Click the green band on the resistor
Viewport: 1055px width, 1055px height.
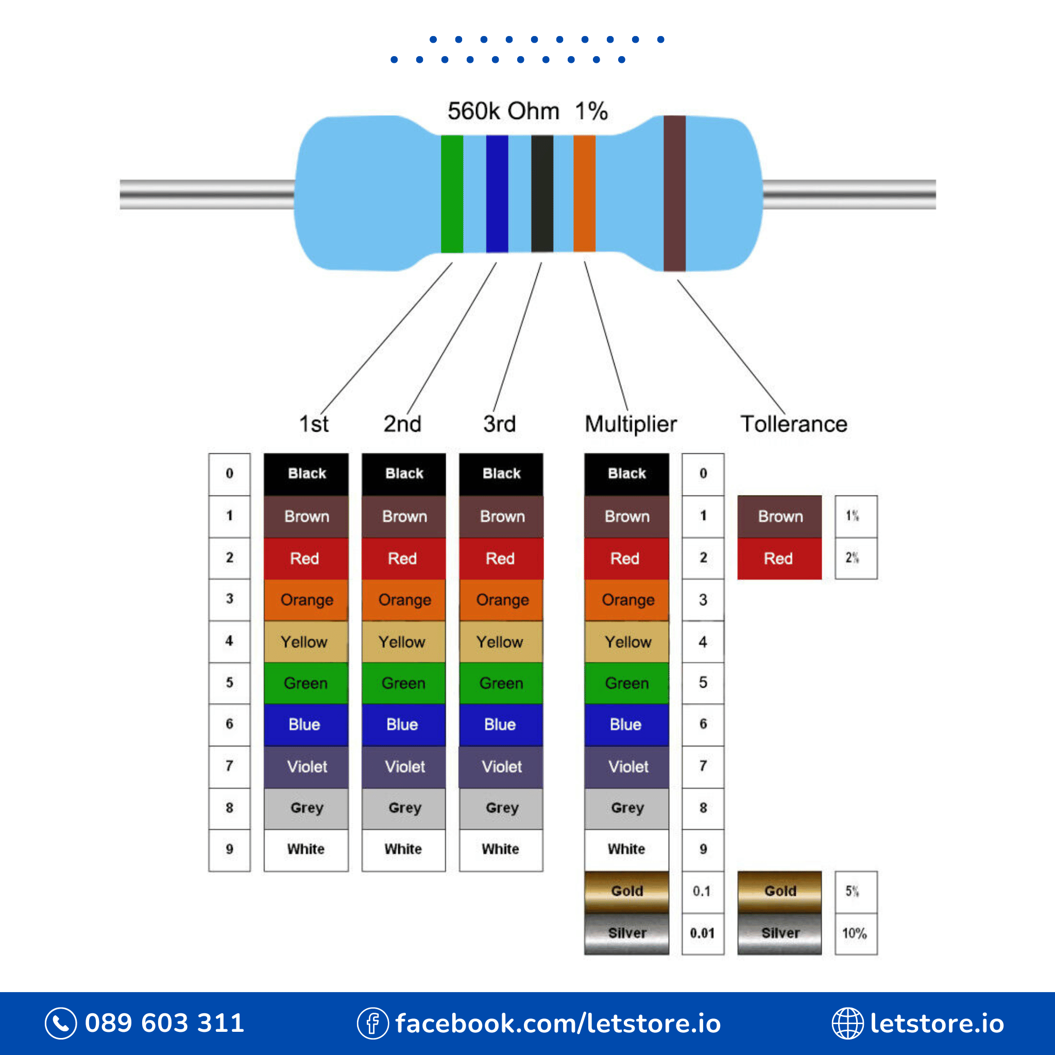click(452, 194)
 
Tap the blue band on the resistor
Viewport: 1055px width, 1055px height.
click(497, 194)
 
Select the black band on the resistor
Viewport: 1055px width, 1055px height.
click(542, 194)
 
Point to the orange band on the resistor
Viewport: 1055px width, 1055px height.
click(584, 194)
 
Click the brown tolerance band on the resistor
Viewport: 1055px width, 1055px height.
click(674, 194)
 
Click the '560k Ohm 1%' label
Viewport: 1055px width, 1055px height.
click(527, 111)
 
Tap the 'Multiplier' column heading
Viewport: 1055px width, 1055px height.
click(631, 424)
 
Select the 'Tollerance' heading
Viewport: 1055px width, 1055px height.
click(793, 424)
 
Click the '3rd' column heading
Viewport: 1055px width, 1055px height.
click(499, 424)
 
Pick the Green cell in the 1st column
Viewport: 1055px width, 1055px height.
click(306, 683)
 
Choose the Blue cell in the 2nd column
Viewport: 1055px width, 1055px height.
click(403, 725)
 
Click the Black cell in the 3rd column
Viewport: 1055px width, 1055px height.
click(501, 473)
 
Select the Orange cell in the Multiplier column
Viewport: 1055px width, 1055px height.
click(626, 600)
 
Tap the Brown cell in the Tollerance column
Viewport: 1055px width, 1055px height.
click(779, 516)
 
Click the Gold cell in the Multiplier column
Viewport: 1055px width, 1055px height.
click(626, 891)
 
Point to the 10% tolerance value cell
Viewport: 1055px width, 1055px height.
click(856, 933)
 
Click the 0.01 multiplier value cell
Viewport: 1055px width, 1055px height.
click(703, 933)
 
